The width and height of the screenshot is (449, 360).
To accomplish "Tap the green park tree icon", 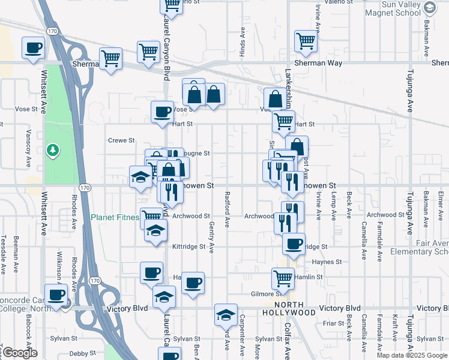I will (53, 149).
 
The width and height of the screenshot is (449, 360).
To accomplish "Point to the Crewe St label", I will (121, 140).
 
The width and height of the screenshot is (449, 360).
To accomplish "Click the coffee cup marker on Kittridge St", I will (294, 244).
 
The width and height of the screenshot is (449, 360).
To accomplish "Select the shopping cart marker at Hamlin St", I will (283, 278).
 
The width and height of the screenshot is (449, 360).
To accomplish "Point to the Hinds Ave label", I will (243, 41).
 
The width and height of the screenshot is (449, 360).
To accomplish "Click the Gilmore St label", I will (267, 294).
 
